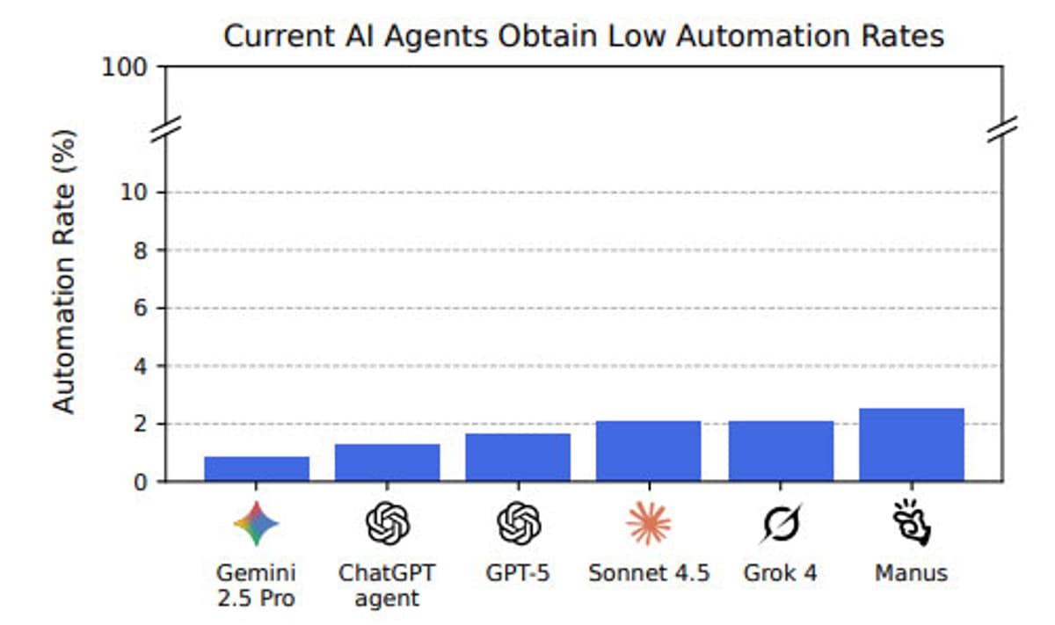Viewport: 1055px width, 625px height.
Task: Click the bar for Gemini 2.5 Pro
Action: point(257,469)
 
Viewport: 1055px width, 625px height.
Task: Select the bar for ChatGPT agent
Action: point(388,462)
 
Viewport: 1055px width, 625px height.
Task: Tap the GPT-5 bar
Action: point(518,457)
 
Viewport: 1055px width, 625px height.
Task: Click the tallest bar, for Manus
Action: point(912,445)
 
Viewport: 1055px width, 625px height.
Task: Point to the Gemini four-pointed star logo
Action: point(257,524)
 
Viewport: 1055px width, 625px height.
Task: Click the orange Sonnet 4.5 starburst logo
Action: point(649,524)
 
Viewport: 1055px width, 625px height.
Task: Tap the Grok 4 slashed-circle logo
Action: point(781,525)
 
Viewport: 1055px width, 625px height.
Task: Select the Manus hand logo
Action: point(912,524)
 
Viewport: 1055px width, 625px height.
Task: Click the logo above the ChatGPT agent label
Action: point(388,524)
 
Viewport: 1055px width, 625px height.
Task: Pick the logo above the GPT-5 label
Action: point(518,524)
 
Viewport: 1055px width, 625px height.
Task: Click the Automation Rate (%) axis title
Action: point(64,271)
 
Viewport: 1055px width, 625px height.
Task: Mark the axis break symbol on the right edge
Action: point(1001,127)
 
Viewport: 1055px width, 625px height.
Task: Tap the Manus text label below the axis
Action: point(912,574)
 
